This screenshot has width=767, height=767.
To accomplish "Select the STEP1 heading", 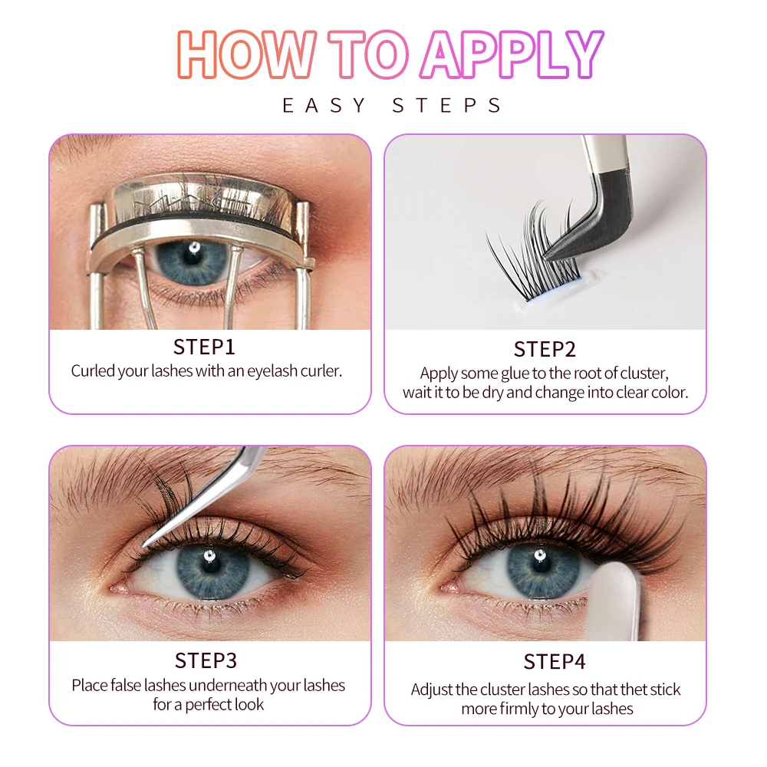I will pos(206,346).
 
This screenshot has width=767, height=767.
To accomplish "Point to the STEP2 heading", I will pos(545,349).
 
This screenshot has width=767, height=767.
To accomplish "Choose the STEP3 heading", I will pos(206,660).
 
